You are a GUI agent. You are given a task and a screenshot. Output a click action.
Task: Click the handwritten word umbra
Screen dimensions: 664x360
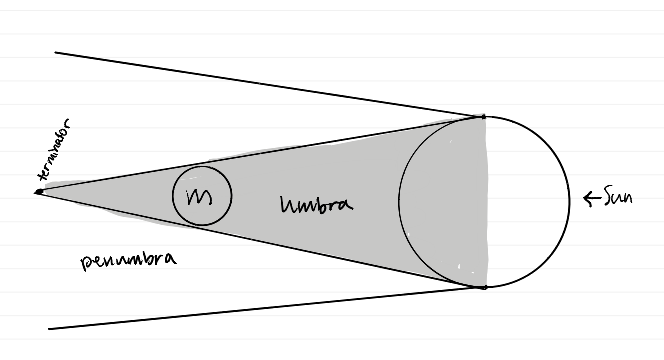[x=318, y=204]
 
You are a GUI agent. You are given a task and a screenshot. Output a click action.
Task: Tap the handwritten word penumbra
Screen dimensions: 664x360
[x=129, y=260]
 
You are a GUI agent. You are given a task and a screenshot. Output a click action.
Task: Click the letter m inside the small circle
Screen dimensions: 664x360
[x=202, y=195]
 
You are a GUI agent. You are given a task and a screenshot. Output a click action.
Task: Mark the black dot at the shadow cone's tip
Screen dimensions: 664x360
[x=38, y=191]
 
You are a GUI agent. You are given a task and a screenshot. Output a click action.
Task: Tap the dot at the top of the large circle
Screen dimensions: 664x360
[x=484, y=116]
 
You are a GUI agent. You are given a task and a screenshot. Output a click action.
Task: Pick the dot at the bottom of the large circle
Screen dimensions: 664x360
[x=484, y=287]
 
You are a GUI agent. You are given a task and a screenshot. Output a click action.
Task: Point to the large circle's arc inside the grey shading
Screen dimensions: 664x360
[x=399, y=200]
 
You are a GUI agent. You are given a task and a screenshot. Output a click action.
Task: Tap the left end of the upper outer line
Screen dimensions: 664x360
[x=56, y=52]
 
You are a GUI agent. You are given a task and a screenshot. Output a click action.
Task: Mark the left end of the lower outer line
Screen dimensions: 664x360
[x=50, y=328]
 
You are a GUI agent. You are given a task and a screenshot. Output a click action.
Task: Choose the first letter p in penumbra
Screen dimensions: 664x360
[x=85, y=263]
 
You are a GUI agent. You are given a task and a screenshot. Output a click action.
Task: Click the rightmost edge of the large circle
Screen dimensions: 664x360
[x=570, y=200]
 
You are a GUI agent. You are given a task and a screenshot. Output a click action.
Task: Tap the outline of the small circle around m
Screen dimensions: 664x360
[x=173, y=195]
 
